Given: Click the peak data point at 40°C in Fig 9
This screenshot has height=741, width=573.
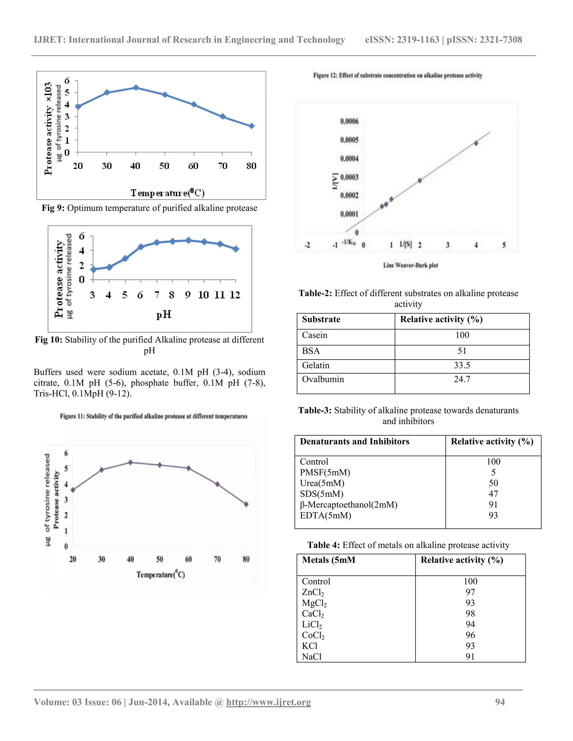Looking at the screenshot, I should pyautogui.click(x=136, y=88).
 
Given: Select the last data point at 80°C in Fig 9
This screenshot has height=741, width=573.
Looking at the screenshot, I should pyautogui.click(x=252, y=126).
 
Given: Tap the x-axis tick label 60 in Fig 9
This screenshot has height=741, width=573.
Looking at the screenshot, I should pyautogui.click(x=193, y=166).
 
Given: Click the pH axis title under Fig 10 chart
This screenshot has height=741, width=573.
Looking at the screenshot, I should pyautogui.click(x=164, y=315).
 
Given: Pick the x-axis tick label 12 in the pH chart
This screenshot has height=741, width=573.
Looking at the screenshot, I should pyautogui.click(x=234, y=295).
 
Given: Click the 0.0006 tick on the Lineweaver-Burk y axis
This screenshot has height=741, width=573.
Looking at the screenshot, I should pyautogui.click(x=349, y=121).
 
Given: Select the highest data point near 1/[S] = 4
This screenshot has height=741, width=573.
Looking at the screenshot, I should pyautogui.click(x=476, y=143).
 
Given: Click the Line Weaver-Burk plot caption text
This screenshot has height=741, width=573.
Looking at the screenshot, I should pyautogui.click(x=410, y=265).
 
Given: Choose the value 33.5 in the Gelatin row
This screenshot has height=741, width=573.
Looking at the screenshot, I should pyautogui.click(x=462, y=365).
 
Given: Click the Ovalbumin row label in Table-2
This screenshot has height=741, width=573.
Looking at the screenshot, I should pyautogui.click(x=323, y=379).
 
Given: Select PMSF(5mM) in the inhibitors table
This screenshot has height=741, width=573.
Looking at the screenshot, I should pyautogui.click(x=325, y=472).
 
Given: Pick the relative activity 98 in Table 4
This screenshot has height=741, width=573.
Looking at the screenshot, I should pyautogui.click(x=470, y=613).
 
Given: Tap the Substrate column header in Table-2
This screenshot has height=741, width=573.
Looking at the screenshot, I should pyautogui.click(x=321, y=319).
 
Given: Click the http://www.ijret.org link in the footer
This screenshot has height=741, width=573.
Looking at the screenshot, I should pyautogui.click(x=269, y=702).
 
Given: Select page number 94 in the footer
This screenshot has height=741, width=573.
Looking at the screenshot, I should pyautogui.click(x=500, y=702).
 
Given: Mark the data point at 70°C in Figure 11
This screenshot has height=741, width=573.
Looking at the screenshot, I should pyautogui.click(x=217, y=484).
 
